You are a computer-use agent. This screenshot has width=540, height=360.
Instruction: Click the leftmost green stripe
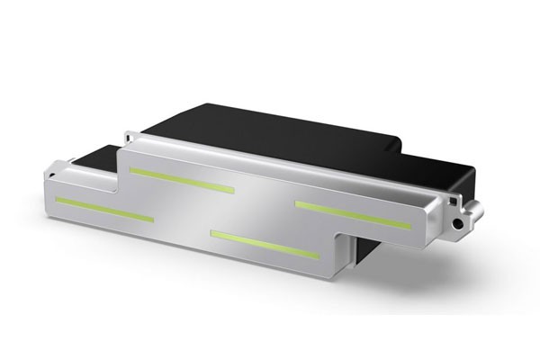tap(103, 208)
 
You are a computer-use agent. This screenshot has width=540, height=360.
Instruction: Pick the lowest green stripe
tap(265, 244)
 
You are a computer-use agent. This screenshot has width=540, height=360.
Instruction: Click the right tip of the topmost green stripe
tap(233, 191)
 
